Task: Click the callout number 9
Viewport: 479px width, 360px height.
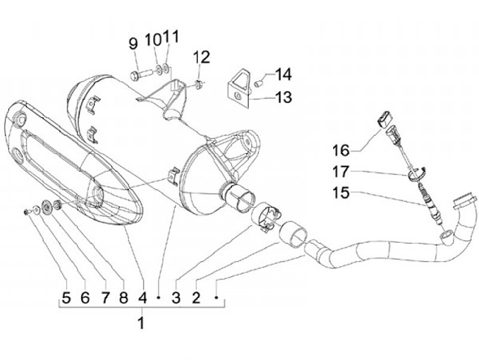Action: tap(133, 44)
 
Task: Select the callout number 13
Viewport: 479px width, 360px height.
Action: tap(284, 97)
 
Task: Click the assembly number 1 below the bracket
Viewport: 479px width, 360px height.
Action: tap(140, 324)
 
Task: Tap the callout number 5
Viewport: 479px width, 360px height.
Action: tap(66, 297)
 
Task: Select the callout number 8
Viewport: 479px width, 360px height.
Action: tap(123, 297)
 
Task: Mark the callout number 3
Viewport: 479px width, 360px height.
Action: tap(176, 297)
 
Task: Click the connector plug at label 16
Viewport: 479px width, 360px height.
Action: tap(384, 120)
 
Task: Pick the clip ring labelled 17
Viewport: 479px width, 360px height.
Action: tap(416, 174)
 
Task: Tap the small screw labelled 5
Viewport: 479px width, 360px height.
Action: tap(25, 212)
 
